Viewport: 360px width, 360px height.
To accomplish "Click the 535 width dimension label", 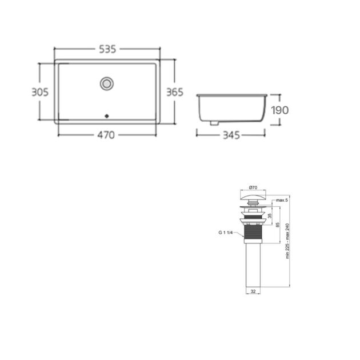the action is coord(107,49).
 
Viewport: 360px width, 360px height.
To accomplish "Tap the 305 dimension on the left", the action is coord(40,92).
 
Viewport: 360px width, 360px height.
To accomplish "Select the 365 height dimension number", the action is coord(175,92).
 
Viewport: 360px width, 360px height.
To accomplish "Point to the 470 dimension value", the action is coord(106,135).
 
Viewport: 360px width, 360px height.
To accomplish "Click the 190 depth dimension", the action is coord(280,110).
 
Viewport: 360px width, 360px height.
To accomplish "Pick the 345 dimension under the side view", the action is coord(231,135).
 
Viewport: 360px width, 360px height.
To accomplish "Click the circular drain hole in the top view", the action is coord(107,83).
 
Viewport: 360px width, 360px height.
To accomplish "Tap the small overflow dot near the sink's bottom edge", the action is coord(107,116).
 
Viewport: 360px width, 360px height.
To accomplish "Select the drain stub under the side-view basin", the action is coord(214,123).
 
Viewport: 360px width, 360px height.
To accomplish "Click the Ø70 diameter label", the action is coord(253,187).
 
